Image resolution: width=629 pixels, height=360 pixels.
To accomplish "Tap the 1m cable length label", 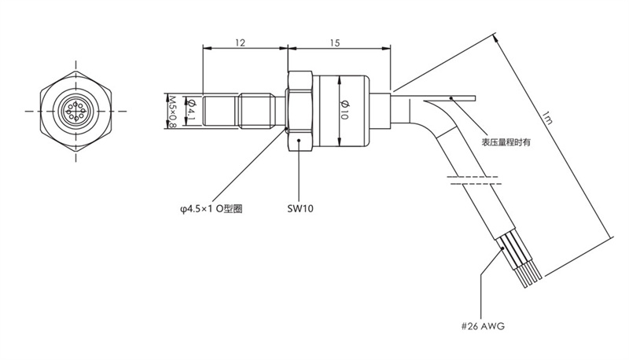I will (547, 122).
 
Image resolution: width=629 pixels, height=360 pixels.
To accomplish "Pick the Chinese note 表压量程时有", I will (506, 142).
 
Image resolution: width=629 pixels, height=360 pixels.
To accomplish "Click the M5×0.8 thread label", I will (174, 112).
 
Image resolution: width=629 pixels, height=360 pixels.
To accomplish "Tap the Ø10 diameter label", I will (344, 110).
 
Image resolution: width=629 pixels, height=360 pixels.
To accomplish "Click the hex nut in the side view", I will (300, 111).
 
